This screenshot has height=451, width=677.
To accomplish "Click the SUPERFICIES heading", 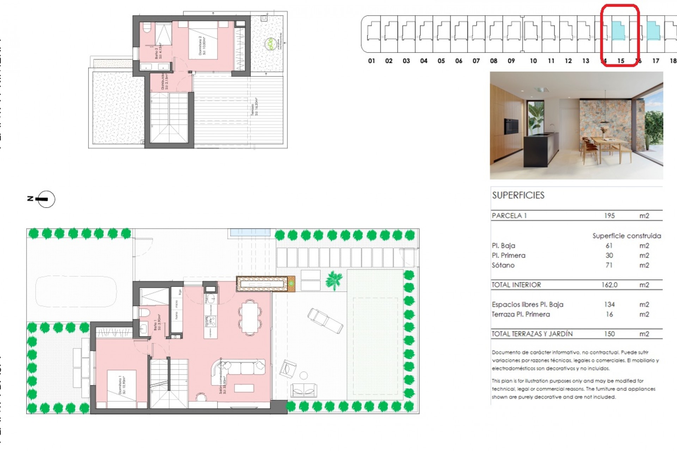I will [518, 196].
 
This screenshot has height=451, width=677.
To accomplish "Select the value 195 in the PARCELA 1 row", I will [609, 216].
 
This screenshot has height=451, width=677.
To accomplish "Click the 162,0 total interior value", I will [609, 285].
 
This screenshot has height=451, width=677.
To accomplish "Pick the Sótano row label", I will [503, 265].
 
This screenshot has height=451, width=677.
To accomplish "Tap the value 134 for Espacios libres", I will [609, 304].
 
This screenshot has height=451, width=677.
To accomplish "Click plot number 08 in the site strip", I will [494, 61].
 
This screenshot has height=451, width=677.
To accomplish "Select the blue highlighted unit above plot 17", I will [653, 31].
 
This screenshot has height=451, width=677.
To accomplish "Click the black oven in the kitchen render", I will [511, 126].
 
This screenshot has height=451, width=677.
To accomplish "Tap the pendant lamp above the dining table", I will [605, 122].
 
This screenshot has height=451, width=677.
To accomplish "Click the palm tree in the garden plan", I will [334, 280].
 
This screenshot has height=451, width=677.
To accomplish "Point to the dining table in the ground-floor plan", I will [250, 317].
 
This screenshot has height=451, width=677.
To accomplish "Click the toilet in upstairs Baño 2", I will [147, 27].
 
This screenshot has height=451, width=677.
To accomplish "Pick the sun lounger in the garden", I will [325, 320].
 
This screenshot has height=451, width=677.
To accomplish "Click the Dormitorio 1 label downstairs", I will [122, 385].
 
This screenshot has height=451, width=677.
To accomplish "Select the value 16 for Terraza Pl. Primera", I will [609, 314].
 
